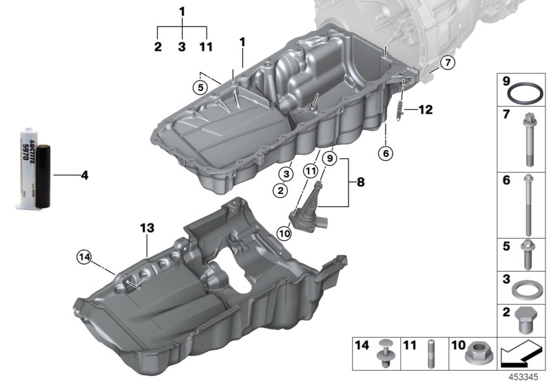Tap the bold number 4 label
(84, 175)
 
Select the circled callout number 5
(200, 87)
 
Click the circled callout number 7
(446, 63)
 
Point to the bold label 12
(425, 109)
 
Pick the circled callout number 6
(386, 153)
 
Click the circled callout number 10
(284, 233)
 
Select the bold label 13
(147, 228)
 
